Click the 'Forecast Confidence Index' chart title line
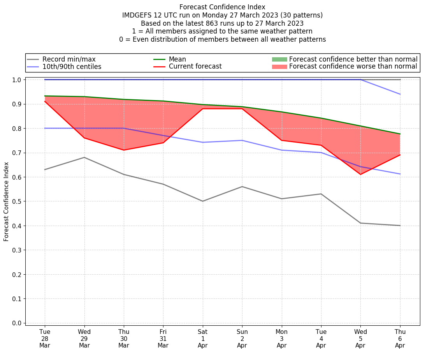click(222, 7)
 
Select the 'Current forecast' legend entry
click(195, 67)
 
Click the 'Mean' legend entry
click(177, 59)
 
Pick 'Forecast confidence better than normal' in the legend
click(353, 59)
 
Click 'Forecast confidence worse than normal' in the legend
click(353, 67)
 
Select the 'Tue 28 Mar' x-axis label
click(45, 339)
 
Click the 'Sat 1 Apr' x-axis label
click(203, 339)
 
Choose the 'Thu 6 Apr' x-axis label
click(400, 339)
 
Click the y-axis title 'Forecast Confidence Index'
click(6, 201)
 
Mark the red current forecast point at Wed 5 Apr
click(360, 175)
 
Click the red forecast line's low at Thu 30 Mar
click(124, 150)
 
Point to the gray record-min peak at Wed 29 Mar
click(84, 157)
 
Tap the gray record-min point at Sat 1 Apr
click(203, 201)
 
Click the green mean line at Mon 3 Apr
click(282, 112)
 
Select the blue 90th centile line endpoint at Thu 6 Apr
click(400, 94)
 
